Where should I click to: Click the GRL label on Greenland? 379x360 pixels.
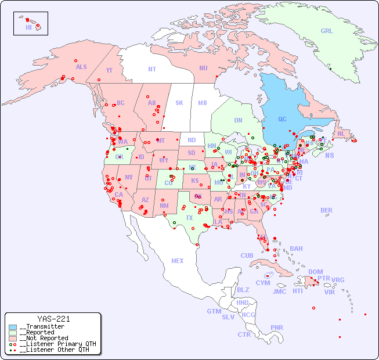[x=327, y=31]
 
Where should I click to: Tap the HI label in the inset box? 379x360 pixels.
[x=28, y=27]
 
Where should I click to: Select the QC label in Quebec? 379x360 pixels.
[x=282, y=120]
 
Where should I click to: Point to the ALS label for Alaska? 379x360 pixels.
[x=81, y=67]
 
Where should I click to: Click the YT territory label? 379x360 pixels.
[x=109, y=70]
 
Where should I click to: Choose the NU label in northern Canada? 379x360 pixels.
[x=203, y=68]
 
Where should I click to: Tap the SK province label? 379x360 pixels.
[x=179, y=103]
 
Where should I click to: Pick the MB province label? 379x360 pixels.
[x=203, y=103]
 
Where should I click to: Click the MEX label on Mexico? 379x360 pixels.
[x=178, y=261]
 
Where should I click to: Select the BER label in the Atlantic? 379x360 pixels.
[x=327, y=210]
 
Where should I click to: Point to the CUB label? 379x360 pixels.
[x=247, y=255]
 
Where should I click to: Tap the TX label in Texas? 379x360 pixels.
[x=189, y=218]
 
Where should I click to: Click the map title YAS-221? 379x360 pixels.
[x=53, y=319]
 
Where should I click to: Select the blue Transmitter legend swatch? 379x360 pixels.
[x=13, y=327]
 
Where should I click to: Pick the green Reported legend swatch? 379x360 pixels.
[x=13, y=333]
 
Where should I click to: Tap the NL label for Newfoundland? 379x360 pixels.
[x=341, y=134]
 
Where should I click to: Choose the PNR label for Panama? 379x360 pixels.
[x=277, y=327]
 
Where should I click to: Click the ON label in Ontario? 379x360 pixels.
[x=238, y=121]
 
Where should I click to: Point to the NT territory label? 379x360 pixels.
[x=152, y=69]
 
